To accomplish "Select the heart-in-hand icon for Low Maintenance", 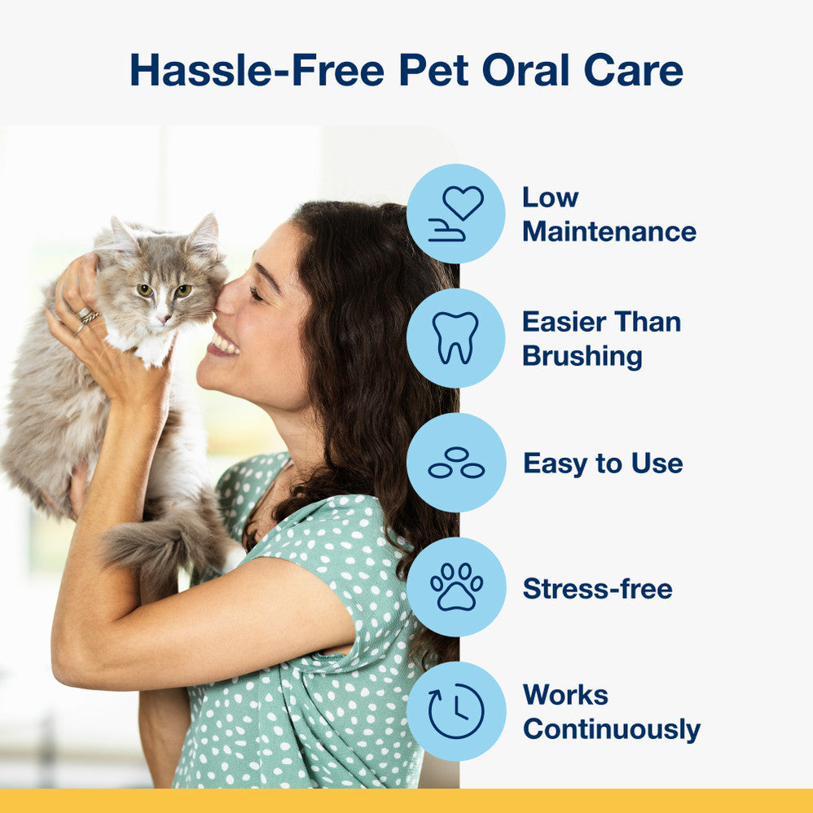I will tap(455, 213).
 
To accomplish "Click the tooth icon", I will tap(455, 337).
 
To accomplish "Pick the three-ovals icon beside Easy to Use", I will tap(455, 463).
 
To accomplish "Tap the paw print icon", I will tap(455, 587).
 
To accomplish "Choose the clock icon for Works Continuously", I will tap(455, 711).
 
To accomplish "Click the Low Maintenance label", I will tap(609, 214).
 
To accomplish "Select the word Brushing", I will tap(582, 356).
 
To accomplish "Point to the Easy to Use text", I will tap(603, 464).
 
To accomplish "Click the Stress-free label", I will tap(597, 588).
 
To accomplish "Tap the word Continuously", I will tap(611, 729).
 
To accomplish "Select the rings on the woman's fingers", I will tap(86, 318).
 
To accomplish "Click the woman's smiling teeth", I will tap(224, 345).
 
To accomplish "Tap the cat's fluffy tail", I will tap(155, 542).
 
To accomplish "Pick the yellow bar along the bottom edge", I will tap(406, 800).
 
